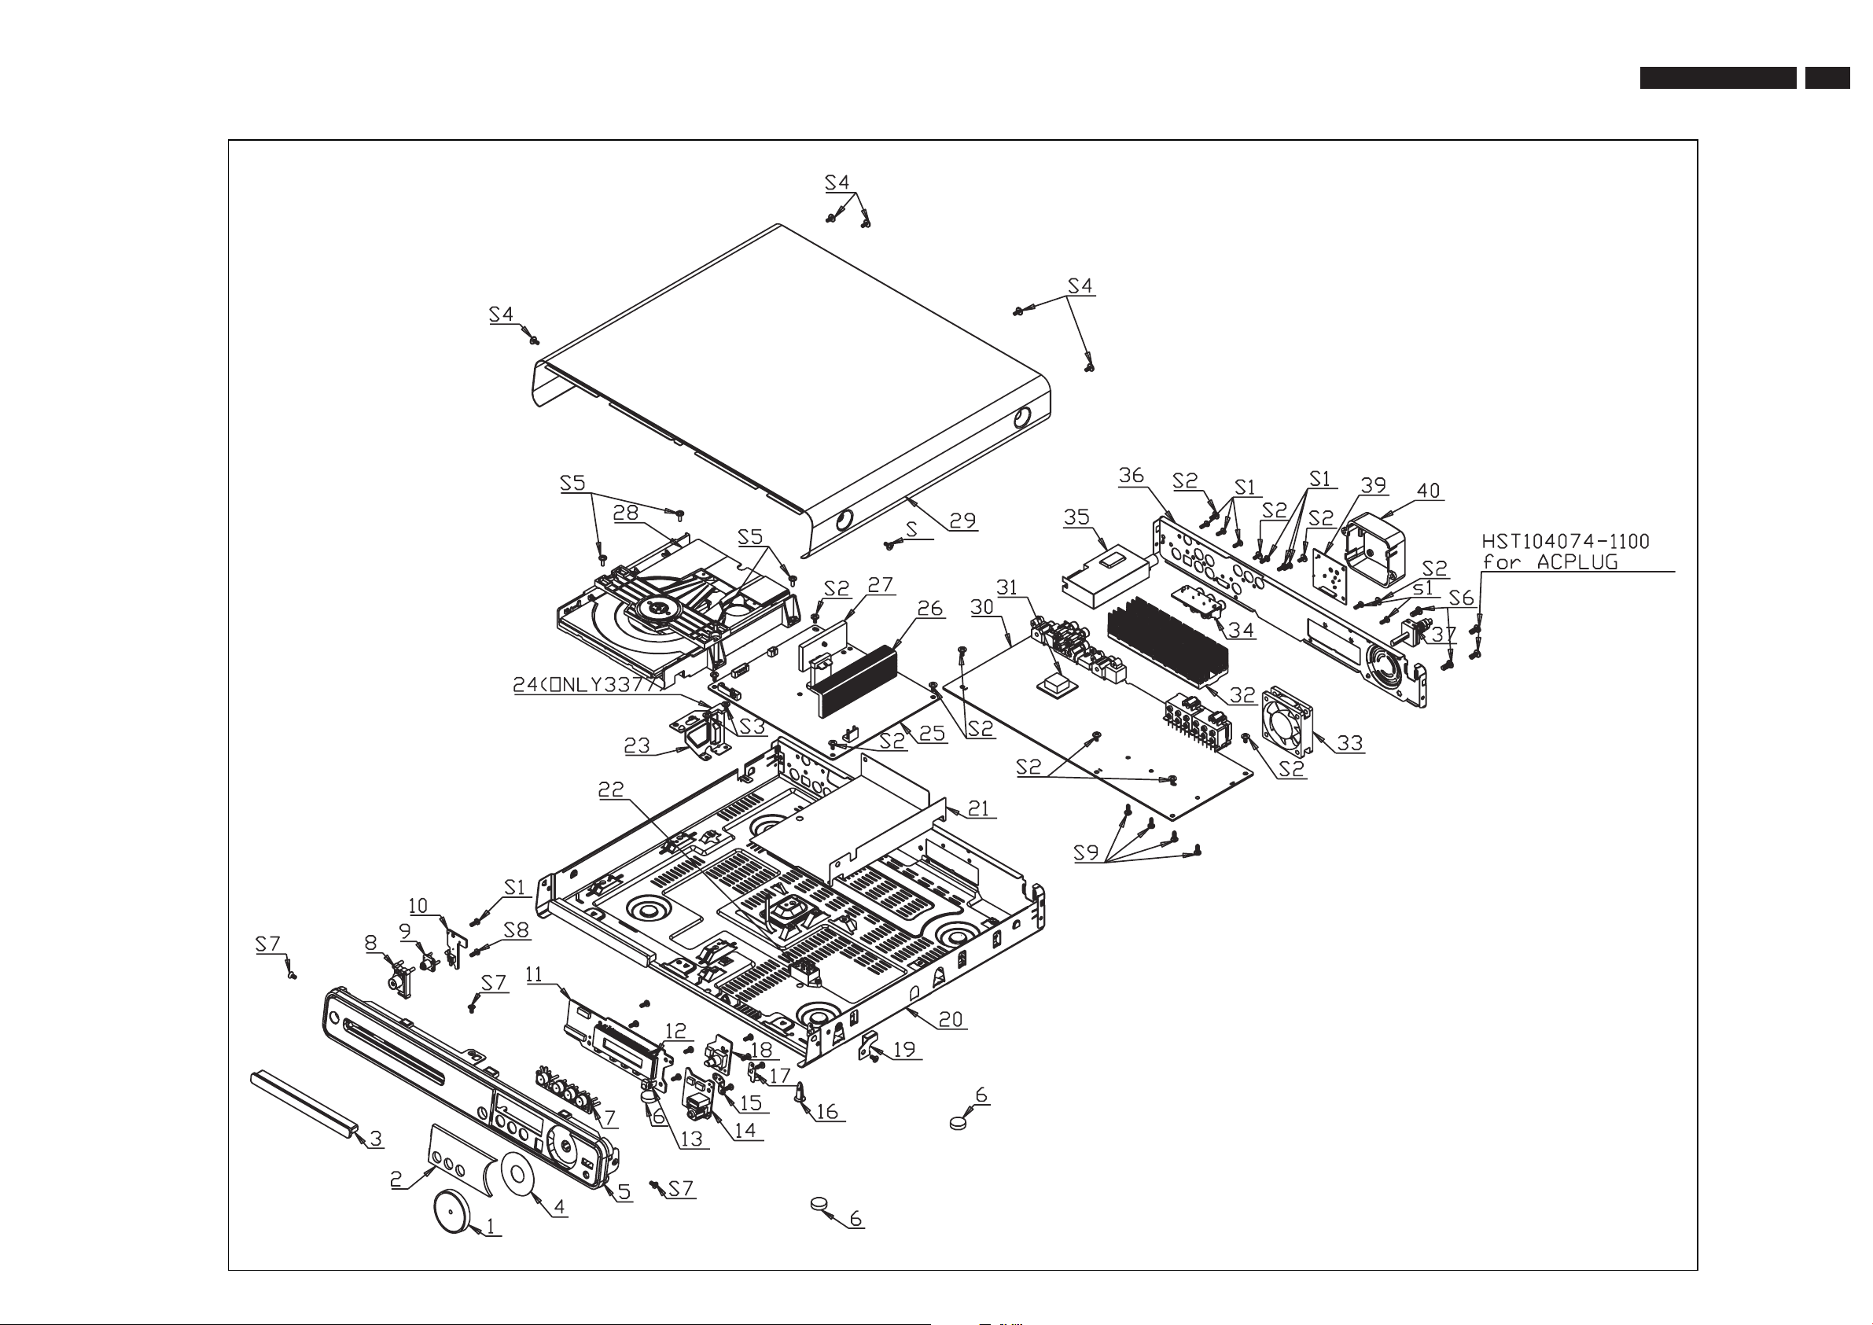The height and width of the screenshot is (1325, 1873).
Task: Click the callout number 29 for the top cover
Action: click(x=962, y=521)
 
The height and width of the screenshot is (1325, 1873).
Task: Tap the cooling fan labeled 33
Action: click(x=1287, y=720)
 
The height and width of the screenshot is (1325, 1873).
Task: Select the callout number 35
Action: click(x=1076, y=517)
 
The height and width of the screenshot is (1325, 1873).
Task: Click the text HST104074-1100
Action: click(x=1566, y=542)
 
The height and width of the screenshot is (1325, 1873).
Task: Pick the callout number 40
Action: click(x=1429, y=491)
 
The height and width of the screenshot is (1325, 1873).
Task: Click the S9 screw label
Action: click(x=1086, y=852)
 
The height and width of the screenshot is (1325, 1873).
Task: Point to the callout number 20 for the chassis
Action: click(x=951, y=1019)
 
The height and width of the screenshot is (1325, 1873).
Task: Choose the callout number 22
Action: click(x=610, y=789)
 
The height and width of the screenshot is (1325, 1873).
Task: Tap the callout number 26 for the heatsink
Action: click(x=930, y=609)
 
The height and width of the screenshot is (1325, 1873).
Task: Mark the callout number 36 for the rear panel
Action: click(x=1132, y=476)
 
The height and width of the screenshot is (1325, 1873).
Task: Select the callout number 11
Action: click(x=533, y=974)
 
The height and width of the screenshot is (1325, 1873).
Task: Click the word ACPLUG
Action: click(x=1577, y=562)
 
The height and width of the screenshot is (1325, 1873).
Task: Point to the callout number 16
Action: click(x=826, y=1111)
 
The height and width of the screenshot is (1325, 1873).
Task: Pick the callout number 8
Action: click(x=371, y=943)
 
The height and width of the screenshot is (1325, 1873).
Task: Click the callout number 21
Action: click(x=978, y=808)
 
